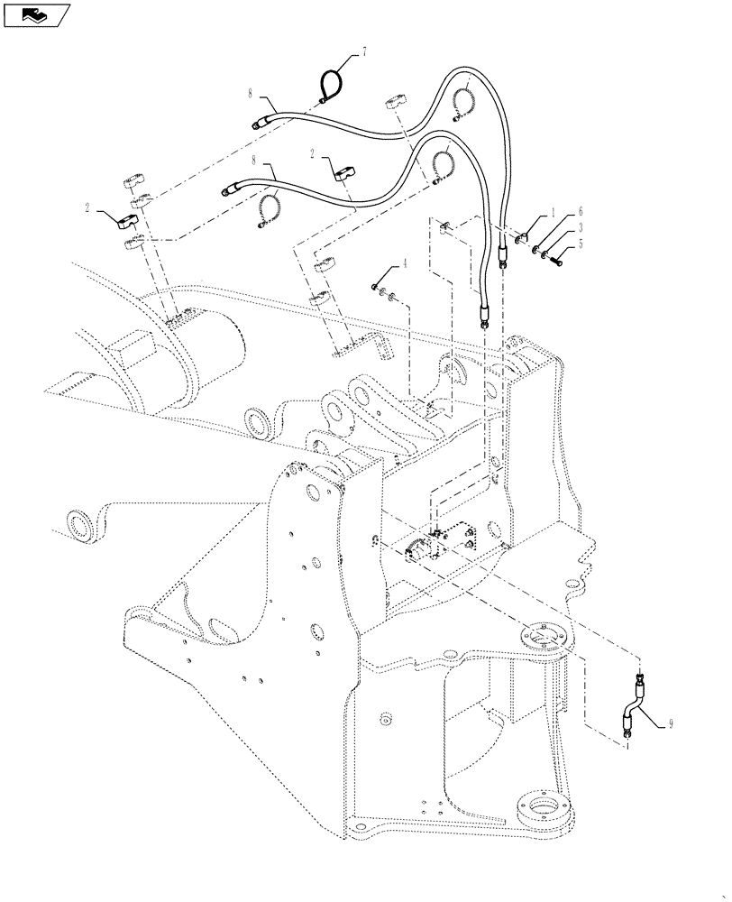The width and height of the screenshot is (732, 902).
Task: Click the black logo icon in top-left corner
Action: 36,14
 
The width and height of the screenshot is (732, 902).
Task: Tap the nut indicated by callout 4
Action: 374,287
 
